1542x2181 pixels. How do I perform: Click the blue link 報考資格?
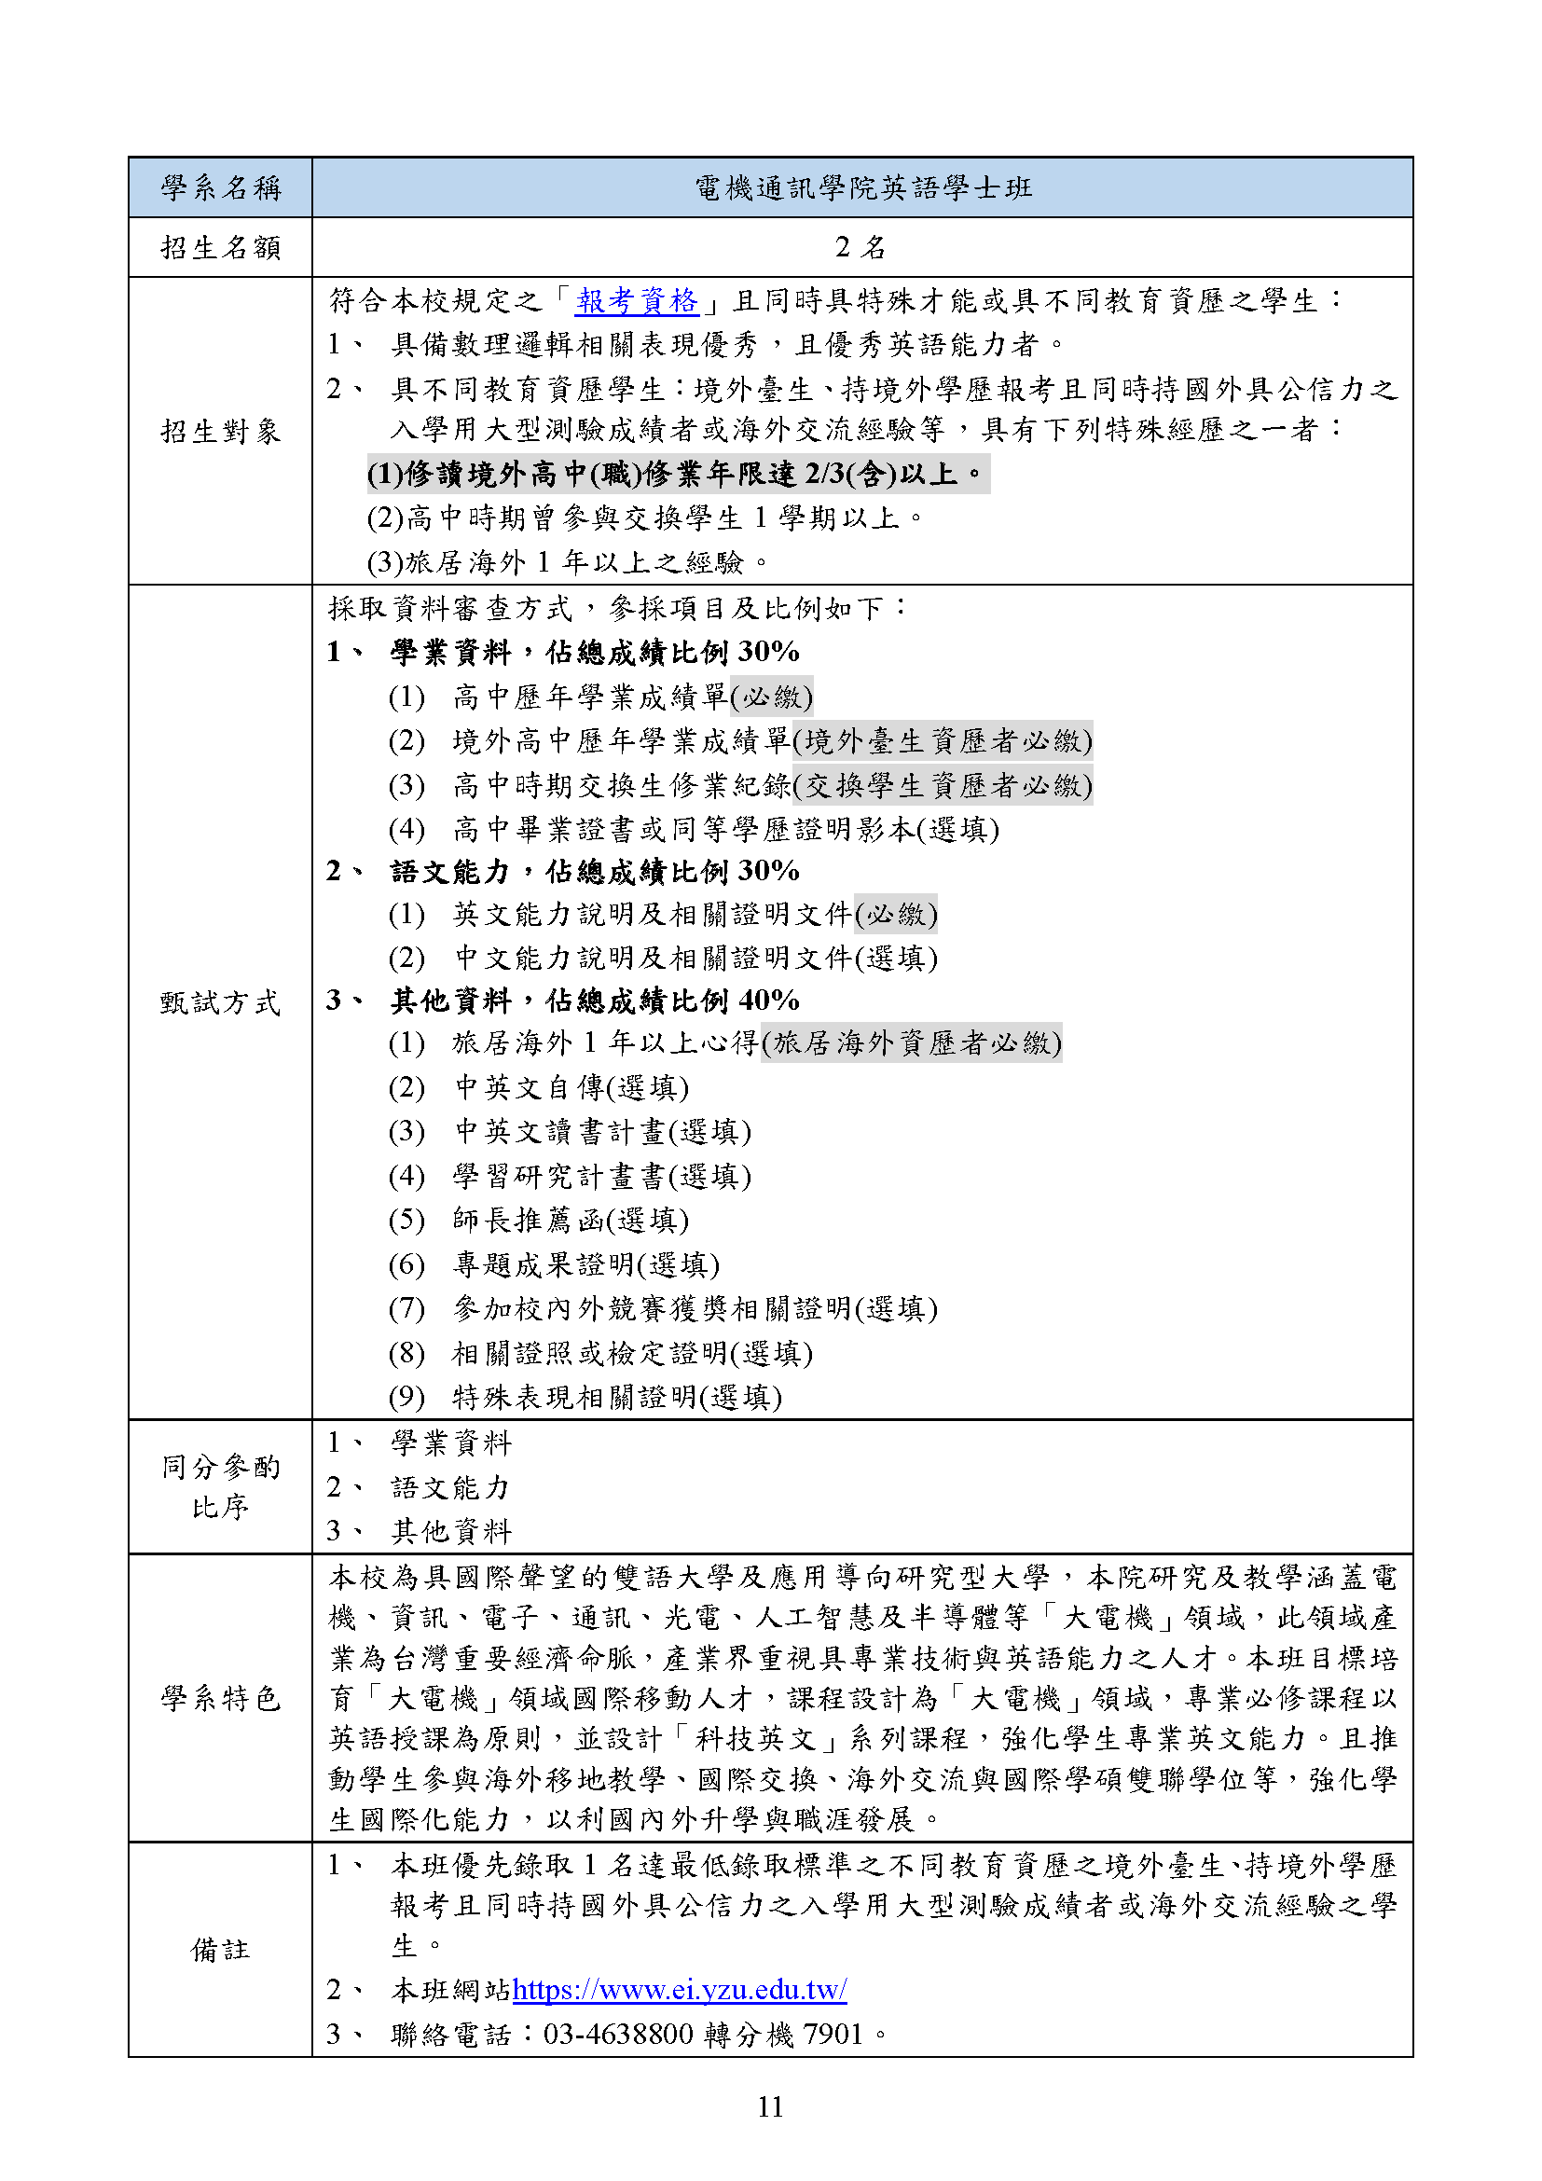pyautogui.click(x=636, y=301)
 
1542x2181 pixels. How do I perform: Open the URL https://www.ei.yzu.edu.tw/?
pyautogui.click(x=679, y=1989)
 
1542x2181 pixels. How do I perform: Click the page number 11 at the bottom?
pyautogui.click(x=770, y=2107)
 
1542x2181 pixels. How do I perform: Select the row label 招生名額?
pyautogui.click(x=220, y=248)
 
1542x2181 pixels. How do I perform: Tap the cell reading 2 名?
pyautogui.click(x=860, y=248)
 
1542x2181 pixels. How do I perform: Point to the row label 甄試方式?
pyautogui.click(x=220, y=1002)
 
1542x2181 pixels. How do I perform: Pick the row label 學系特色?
pyautogui.click(x=220, y=1697)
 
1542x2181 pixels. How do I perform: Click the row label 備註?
pyautogui.click(x=220, y=1949)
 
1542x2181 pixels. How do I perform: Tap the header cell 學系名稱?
pyautogui.click(x=220, y=188)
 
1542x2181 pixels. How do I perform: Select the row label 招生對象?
pyautogui.click(x=220, y=432)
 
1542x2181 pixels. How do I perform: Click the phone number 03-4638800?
pyautogui.click(x=618, y=2034)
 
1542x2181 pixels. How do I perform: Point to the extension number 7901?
pyautogui.click(x=833, y=2034)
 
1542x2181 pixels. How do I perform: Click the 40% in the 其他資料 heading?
pyautogui.click(x=768, y=1001)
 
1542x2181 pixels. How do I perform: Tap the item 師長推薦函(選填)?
pyautogui.click(x=571, y=1220)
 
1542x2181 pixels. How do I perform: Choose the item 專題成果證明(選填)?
pyautogui.click(x=585, y=1264)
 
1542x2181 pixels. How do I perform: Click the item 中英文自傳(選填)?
pyautogui.click(x=571, y=1086)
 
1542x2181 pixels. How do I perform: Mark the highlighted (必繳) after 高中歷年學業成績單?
pyautogui.click(x=771, y=697)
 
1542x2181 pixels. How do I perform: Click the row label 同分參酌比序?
pyautogui.click(x=220, y=1486)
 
